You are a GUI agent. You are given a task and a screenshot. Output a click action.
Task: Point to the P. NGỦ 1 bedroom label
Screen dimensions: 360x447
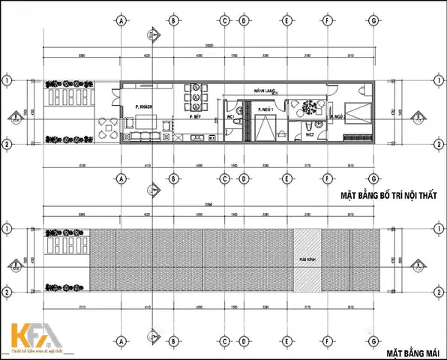[x=264, y=110]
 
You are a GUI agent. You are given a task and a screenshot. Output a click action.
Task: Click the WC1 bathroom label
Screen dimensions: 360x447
[x=230, y=117]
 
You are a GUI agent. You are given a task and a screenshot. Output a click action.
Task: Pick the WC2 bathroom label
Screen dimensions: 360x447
[x=308, y=135]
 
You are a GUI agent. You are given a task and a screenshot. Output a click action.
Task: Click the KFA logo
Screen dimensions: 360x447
[x=34, y=335]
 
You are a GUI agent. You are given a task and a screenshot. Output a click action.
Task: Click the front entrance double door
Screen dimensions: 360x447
[x=114, y=97]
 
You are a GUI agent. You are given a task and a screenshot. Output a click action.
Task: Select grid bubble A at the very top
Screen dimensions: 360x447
[x=121, y=19]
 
